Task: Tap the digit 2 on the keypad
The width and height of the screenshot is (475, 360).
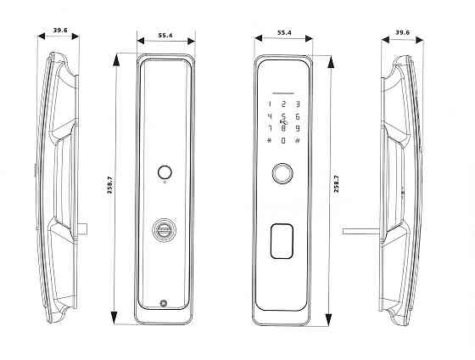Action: coord(283,104)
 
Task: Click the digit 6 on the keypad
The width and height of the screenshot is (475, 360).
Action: coord(298,116)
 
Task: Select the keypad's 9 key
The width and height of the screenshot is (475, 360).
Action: coord(298,128)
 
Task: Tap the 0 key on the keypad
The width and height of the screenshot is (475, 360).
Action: coord(283,140)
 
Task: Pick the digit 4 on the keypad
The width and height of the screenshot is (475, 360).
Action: coord(270,116)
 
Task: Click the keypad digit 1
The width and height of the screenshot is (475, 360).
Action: coord(270,104)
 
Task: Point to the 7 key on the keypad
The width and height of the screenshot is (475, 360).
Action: coord(270,128)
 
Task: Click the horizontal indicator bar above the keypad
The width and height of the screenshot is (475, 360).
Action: coord(283,93)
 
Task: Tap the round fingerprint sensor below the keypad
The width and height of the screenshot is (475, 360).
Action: coord(282,173)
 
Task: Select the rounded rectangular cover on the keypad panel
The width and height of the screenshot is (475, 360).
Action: coord(282,241)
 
